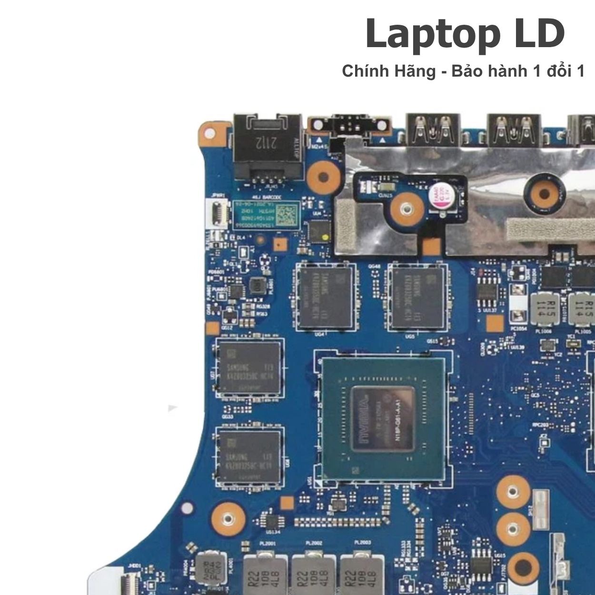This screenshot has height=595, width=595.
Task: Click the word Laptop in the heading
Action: [432, 34]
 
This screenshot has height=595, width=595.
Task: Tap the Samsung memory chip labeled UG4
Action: [327, 297]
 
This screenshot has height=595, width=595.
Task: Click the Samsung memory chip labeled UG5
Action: [418, 297]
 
